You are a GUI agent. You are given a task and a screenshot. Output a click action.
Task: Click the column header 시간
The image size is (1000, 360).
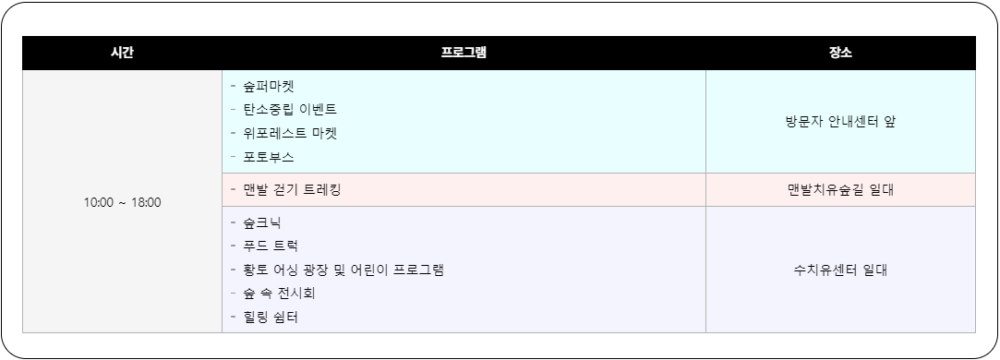pos(122,53)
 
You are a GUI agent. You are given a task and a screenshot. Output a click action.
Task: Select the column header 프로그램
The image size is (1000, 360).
pos(464,53)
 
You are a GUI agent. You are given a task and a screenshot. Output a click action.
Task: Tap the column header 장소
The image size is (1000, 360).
pos(840,53)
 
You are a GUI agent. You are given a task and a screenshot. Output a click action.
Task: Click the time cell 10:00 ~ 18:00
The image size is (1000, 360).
pos(122,202)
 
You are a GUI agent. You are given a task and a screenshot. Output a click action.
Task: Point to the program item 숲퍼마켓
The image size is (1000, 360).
pos(269,86)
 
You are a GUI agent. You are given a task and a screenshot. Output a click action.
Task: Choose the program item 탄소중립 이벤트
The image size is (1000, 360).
pos(289,110)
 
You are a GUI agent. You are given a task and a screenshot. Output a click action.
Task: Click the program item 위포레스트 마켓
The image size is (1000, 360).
pos(289,133)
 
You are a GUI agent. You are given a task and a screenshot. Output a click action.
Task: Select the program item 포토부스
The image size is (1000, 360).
pos(269,157)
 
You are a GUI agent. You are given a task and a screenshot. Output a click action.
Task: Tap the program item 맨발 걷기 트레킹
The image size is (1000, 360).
pos(292,190)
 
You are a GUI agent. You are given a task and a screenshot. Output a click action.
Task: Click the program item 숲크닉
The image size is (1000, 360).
pos(262,222)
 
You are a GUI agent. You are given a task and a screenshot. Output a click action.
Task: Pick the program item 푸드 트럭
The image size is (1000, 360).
pos(270,246)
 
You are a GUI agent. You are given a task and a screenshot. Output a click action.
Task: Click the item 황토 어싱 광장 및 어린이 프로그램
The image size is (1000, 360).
pos(343,270)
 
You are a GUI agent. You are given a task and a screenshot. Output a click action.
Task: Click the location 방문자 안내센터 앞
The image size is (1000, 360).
pos(840,122)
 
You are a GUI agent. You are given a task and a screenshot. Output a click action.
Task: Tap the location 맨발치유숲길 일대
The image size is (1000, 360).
pos(840,190)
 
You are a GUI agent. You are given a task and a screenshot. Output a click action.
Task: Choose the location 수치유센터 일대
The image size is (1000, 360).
pos(840,270)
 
